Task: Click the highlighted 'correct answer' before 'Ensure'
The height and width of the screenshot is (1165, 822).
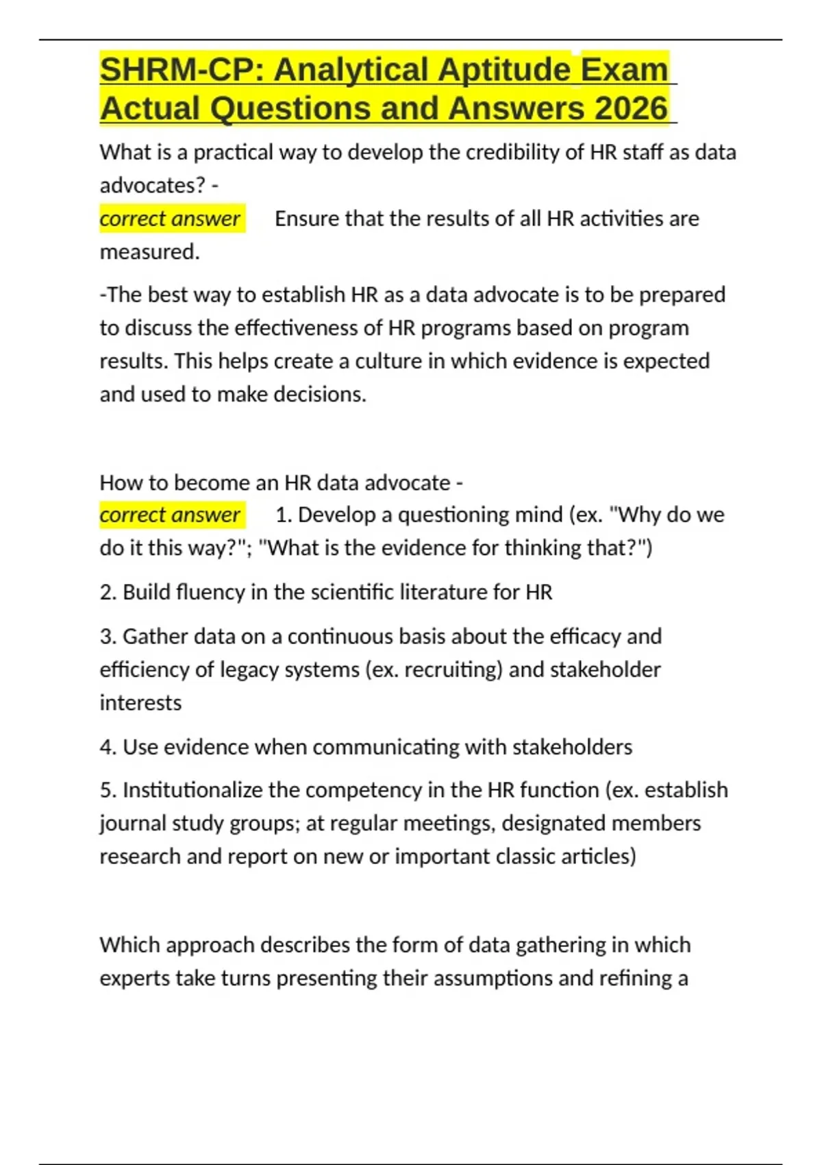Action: [x=170, y=219]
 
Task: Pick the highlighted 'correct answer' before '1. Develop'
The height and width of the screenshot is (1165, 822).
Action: [x=170, y=515]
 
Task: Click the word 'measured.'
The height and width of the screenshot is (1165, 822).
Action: [x=150, y=252]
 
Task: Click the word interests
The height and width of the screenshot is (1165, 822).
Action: [x=140, y=703]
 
